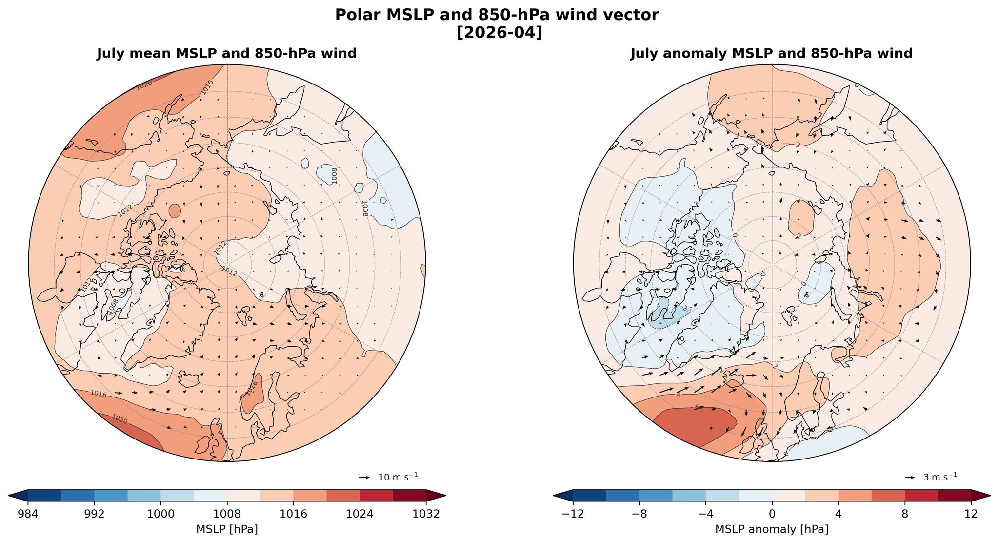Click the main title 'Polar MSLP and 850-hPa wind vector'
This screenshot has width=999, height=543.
click(x=499, y=15)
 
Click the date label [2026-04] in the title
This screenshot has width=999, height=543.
click(x=499, y=33)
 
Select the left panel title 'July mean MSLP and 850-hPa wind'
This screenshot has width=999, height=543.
click(x=227, y=54)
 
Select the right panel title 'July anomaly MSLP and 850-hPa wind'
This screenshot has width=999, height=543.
click(x=771, y=54)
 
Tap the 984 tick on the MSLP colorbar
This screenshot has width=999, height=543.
click(x=28, y=514)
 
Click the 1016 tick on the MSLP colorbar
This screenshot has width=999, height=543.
click(x=293, y=514)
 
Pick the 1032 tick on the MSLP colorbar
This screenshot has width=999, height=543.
click(x=426, y=514)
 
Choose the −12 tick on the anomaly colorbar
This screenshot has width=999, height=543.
click(x=573, y=514)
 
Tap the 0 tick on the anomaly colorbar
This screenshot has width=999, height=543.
click(x=772, y=514)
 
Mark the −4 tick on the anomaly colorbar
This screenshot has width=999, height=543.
click(x=705, y=514)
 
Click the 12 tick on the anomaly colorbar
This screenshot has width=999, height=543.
click(x=971, y=514)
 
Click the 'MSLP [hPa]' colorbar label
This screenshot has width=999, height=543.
click(x=227, y=529)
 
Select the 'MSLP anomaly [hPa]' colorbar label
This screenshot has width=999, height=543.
click(x=772, y=529)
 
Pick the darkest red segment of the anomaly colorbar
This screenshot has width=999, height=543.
click(x=954, y=496)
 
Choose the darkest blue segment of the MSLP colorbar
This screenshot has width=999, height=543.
click(x=44, y=496)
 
